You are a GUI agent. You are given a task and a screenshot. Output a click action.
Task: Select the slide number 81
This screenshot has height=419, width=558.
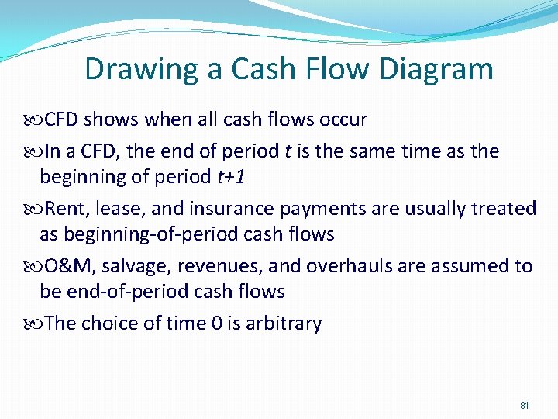(524, 406)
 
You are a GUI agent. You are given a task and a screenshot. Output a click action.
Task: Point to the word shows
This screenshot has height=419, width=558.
(110, 119)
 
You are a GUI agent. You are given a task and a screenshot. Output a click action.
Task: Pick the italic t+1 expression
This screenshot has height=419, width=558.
(231, 176)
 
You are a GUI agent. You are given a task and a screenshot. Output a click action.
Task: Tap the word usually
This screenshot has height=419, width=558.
(437, 208)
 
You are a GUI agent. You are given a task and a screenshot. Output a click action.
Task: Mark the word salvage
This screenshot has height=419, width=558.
(136, 266)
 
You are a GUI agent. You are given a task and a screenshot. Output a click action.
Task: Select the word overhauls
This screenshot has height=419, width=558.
(351, 266)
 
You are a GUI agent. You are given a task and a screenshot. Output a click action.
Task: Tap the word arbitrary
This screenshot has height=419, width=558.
(283, 324)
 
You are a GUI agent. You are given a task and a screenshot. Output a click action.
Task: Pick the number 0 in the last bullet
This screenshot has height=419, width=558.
(216, 324)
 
